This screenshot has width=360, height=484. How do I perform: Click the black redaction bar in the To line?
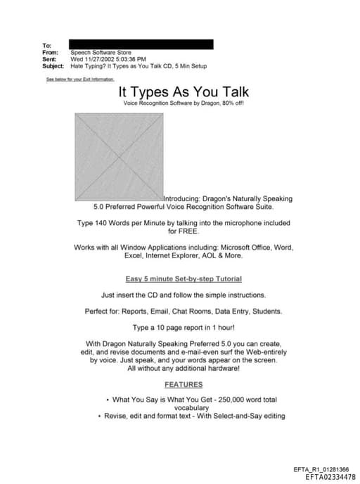[x=140, y=44]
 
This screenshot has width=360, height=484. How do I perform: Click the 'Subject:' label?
[x=55, y=66]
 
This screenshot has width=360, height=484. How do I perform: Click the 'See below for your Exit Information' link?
[x=79, y=79]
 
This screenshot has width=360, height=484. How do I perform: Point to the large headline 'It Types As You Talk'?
[x=183, y=92]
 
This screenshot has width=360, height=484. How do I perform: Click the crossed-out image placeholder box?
[x=119, y=157]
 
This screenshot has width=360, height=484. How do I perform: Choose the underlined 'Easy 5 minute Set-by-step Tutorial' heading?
[x=183, y=279]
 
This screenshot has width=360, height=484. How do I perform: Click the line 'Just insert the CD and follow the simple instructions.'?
[x=183, y=295]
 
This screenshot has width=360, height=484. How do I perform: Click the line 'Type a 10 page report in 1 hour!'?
[x=183, y=328]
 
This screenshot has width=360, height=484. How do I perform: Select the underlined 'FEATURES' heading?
[x=183, y=384]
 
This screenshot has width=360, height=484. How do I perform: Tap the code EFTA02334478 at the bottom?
[x=330, y=477]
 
